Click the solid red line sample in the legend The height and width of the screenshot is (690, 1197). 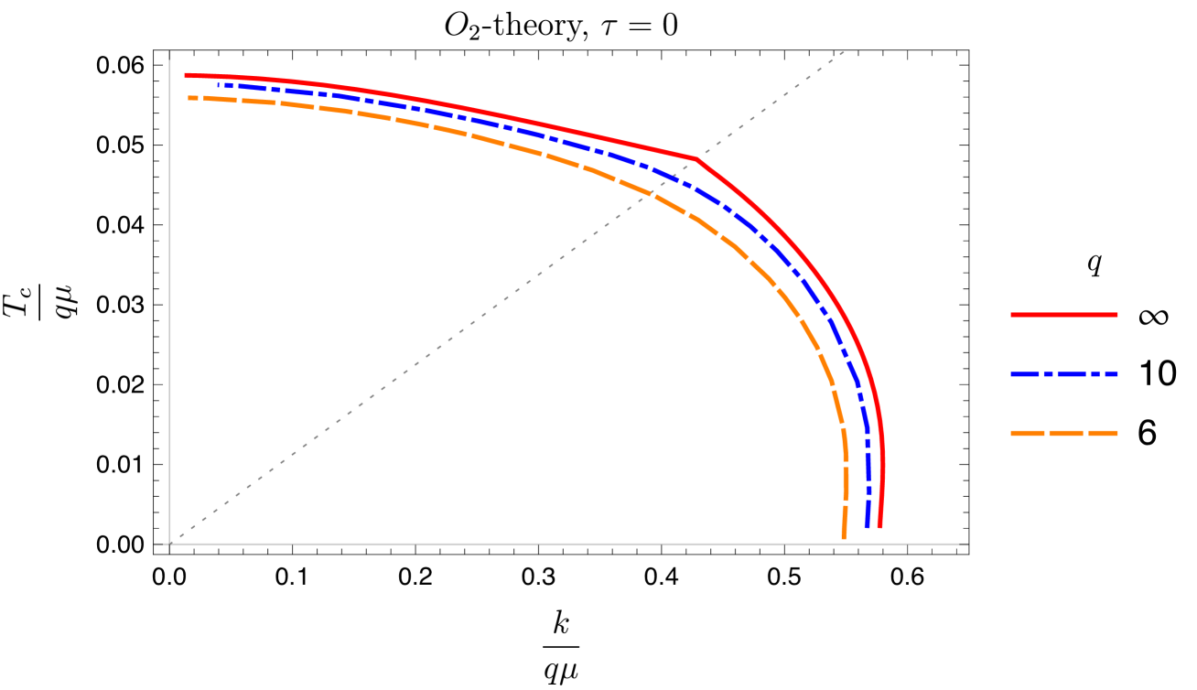click(1063, 315)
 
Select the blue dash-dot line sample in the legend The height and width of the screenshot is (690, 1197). click(1063, 374)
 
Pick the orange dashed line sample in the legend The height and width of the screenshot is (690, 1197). click(1063, 434)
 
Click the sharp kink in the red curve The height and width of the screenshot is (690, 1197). click(696, 159)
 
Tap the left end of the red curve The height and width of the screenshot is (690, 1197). click(186, 75)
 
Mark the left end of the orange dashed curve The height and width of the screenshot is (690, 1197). click(189, 97)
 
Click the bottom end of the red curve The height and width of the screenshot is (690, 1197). click(879, 527)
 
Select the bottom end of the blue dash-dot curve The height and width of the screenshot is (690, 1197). click(867, 527)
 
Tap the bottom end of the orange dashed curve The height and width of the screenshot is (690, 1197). click(843, 537)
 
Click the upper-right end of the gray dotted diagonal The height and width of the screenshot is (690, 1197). click(844, 52)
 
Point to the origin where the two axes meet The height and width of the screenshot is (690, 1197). click(170, 544)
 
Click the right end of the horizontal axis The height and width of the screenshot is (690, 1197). click(967, 544)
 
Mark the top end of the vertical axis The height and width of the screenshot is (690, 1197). click(170, 52)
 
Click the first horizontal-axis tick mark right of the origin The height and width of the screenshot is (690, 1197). click(293, 544)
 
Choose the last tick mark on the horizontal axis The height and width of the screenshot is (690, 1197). click(907, 544)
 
